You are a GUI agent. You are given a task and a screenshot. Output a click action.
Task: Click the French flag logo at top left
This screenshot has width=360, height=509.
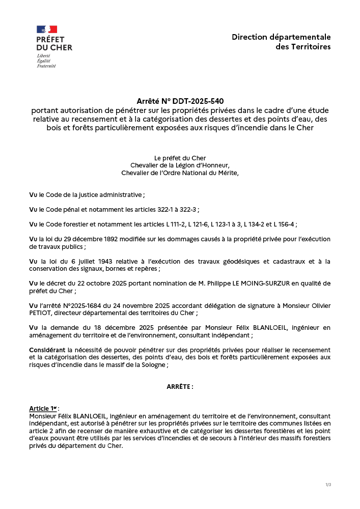point(47,30)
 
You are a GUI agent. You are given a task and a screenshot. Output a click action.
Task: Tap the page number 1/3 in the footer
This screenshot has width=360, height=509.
point(328,485)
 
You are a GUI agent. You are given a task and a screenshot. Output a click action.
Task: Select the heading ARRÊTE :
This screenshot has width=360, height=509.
point(180,387)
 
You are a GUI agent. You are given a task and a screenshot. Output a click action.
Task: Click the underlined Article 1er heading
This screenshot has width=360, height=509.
point(43,409)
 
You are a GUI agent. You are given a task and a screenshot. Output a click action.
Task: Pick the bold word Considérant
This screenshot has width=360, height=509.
point(47,350)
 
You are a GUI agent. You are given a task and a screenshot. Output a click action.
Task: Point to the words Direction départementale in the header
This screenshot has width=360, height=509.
point(281,37)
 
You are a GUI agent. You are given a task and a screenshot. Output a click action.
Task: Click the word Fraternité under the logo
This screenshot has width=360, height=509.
point(46,66)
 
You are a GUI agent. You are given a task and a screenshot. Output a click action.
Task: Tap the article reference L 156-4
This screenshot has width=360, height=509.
point(284,224)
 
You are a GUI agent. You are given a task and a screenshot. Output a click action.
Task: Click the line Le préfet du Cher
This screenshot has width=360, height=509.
point(180,158)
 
